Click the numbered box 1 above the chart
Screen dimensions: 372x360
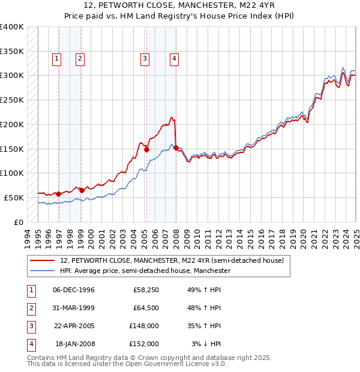click(x=56, y=58)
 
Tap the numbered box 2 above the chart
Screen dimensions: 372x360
click(x=79, y=58)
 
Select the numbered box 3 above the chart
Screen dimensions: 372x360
click(x=145, y=58)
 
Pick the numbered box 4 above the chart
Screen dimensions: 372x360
click(x=173, y=58)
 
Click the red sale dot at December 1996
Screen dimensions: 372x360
click(x=58, y=194)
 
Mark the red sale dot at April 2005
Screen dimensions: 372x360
click(x=146, y=150)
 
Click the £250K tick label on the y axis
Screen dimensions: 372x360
click(x=12, y=100)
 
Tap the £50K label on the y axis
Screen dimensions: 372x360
click(x=14, y=197)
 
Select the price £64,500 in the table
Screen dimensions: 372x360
click(x=146, y=308)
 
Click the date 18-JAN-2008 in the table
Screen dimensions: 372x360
click(x=74, y=344)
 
